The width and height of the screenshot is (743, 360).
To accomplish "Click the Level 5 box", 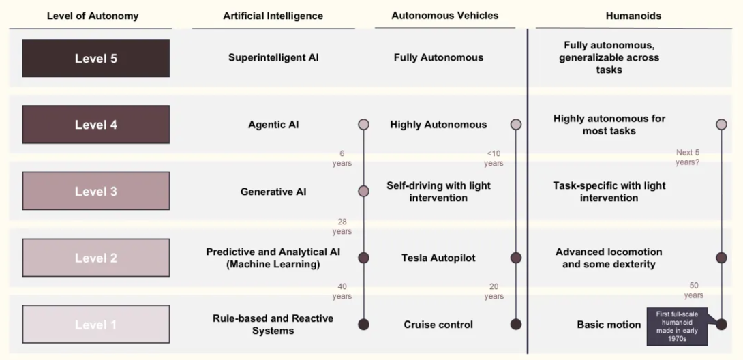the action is (95, 58).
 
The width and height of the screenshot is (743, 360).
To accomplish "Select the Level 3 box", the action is (95, 191).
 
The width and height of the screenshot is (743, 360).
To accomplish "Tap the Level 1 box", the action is (95, 325).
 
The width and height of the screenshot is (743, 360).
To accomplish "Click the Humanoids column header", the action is (633, 16).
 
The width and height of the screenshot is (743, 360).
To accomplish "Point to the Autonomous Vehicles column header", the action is (445, 16).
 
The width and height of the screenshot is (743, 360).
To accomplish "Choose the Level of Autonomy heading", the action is (93, 16).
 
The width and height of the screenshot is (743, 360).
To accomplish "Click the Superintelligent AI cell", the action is (273, 57).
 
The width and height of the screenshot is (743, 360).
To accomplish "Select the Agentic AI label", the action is (273, 125).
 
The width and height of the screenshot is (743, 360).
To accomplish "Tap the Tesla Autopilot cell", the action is (438, 258).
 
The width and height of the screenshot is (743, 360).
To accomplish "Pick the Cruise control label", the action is (438, 325).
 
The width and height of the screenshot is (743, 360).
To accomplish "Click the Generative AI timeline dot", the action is (363, 191).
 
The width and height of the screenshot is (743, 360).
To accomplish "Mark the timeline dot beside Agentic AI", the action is (363, 125).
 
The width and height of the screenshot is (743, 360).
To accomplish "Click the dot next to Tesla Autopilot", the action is (516, 258).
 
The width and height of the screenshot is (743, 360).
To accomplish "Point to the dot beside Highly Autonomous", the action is (516, 125).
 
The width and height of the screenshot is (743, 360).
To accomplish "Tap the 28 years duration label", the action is (342, 226).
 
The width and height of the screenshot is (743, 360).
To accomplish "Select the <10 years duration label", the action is (494, 158).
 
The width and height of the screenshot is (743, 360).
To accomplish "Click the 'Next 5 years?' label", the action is (688, 157).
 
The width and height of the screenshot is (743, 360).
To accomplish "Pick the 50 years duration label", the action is (694, 290).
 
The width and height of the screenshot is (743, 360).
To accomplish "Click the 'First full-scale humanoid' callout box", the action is (678, 327).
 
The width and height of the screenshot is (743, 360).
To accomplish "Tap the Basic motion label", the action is (609, 325).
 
